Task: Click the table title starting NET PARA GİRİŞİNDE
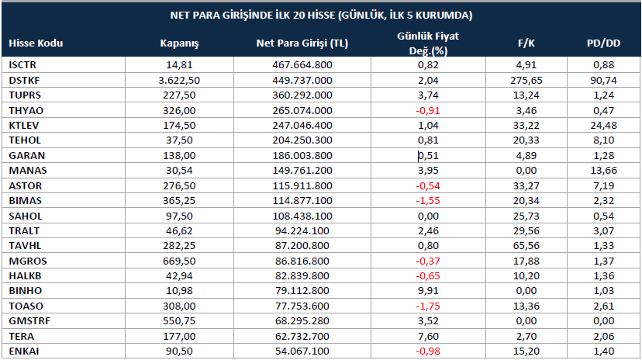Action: pos(321,16)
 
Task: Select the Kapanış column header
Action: pos(179,43)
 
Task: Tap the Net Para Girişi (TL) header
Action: pos(302,43)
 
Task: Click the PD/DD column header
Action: pos(603,43)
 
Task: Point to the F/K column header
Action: pos(526,43)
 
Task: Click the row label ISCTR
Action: pos(22,64)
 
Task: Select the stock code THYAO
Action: pos(26,111)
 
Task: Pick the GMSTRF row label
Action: pos(29,320)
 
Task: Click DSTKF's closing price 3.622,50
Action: pos(179,80)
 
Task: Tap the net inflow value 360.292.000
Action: pos(302,95)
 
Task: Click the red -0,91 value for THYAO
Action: pos(428,111)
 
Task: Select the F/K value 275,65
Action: pos(526,80)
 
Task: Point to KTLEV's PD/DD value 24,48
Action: pos(603,126)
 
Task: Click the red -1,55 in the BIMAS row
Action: pos(428,201)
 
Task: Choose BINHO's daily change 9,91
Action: pos(428,291)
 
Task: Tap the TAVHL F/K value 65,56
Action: pos(526,246)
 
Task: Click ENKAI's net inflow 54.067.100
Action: pos(302,351)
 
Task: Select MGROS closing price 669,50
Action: pos(179,261)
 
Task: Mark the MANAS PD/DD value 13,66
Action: pos(603,171)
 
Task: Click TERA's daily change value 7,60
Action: pos(428,336)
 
